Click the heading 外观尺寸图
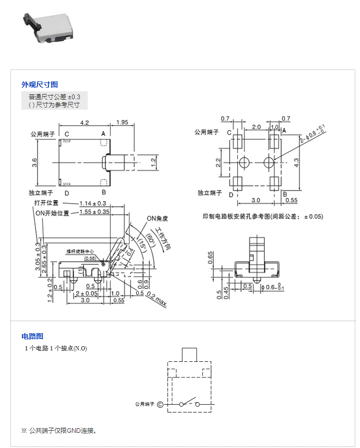pyautogui.click(x=40, y=85)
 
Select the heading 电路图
pyautogui.click(x=32, y=336)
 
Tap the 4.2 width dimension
pyautogui.click(x=84, y=122)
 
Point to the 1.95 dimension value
pyautogui.click(x=123, y=122)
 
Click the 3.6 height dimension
pyautogui.click(x=34, y=162)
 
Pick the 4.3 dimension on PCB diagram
pyautogui.click(x=296, y=162)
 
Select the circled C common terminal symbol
pyautogui.click(x=160, y=404)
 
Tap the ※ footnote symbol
pyautogui.click(x=23, y=431)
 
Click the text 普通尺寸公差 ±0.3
pyautogui.click(x=55, y=97)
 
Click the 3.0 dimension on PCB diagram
pyautogui.click(x=256, y=200)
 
